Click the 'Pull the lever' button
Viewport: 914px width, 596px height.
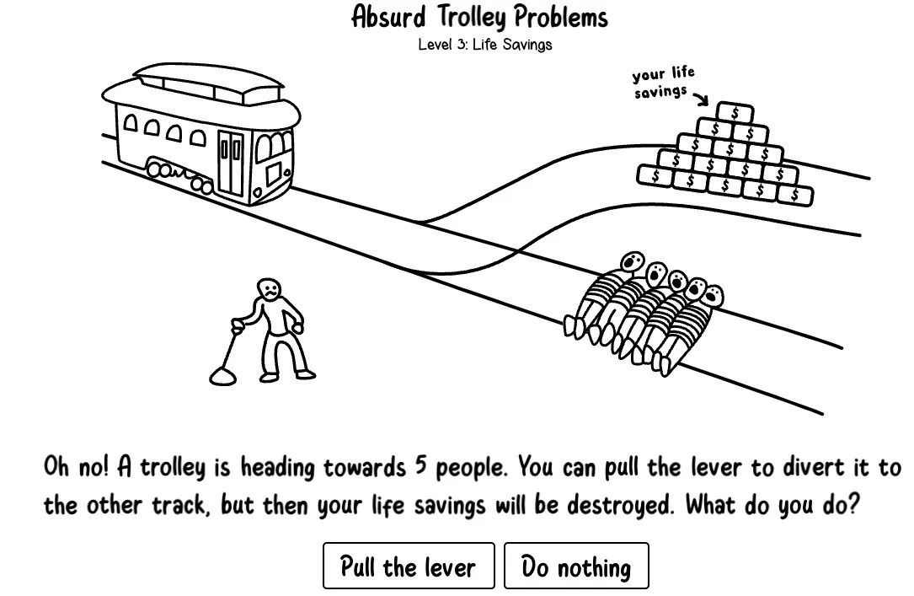point(408,566)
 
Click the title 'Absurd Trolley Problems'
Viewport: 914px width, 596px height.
point(479,17)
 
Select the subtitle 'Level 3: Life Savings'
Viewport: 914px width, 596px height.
point(484,45)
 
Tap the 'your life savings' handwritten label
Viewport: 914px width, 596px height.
point(663,83)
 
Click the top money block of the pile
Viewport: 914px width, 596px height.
point(735,113)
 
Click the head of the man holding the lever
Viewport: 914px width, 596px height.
point(269,288)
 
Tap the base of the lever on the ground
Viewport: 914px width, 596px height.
point(222,375)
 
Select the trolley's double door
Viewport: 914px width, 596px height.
point(230,163)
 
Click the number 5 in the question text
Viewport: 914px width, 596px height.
point(423,466)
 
